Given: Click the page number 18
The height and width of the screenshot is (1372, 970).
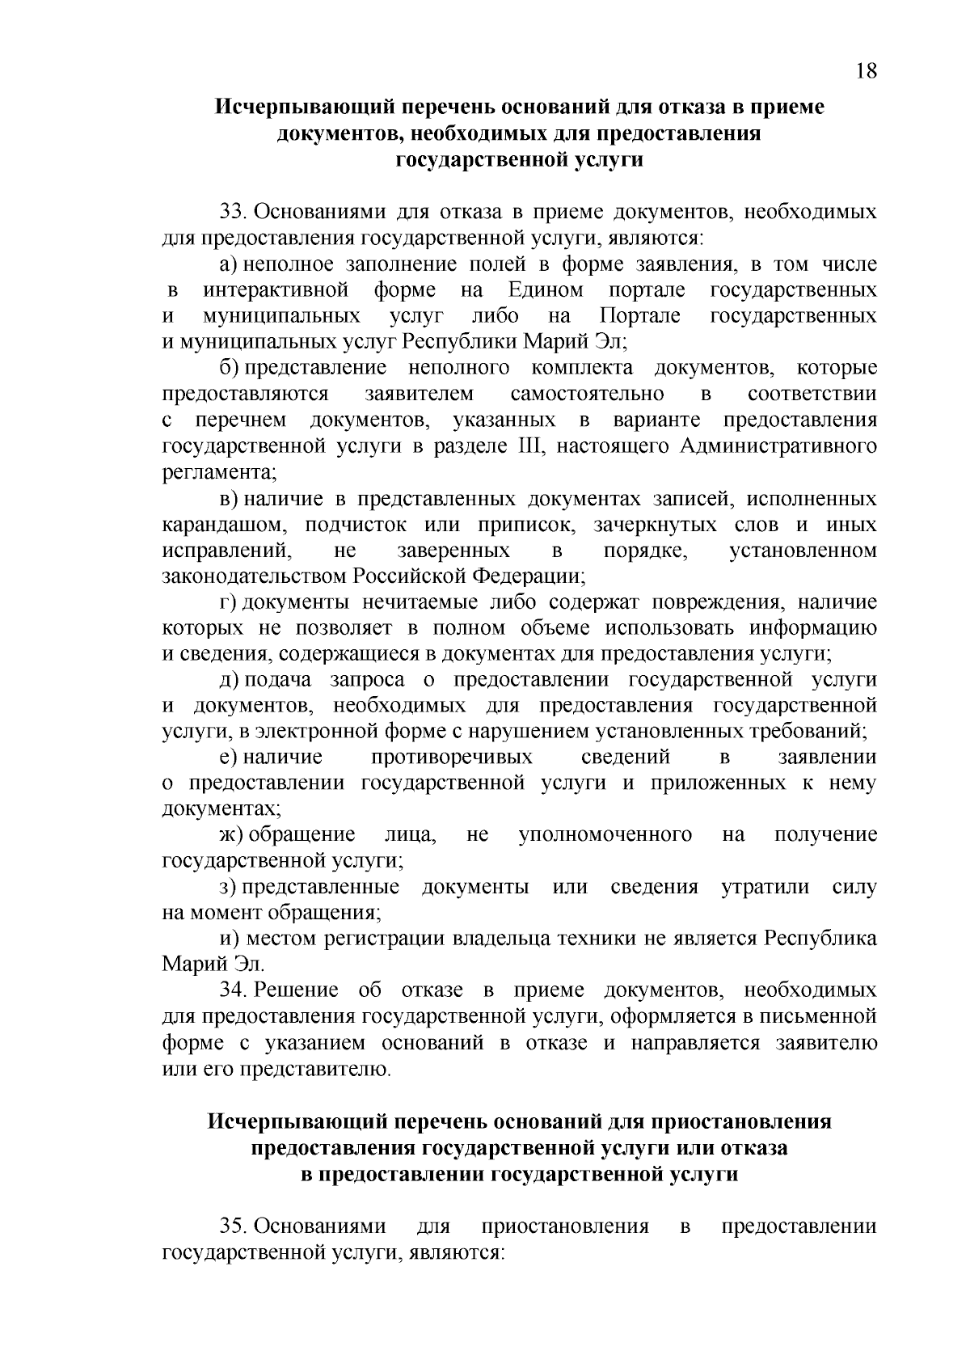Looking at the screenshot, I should click(x=865, y=71).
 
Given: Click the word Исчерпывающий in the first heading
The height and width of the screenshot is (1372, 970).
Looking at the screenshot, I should click(x=304, y=107).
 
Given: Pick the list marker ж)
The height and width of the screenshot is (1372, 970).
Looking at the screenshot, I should click(x=230, y=834).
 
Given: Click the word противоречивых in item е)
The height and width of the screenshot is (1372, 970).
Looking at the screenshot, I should click(x=452, y=758).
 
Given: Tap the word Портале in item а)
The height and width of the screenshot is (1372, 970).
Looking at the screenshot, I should click(x=640, y=316).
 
